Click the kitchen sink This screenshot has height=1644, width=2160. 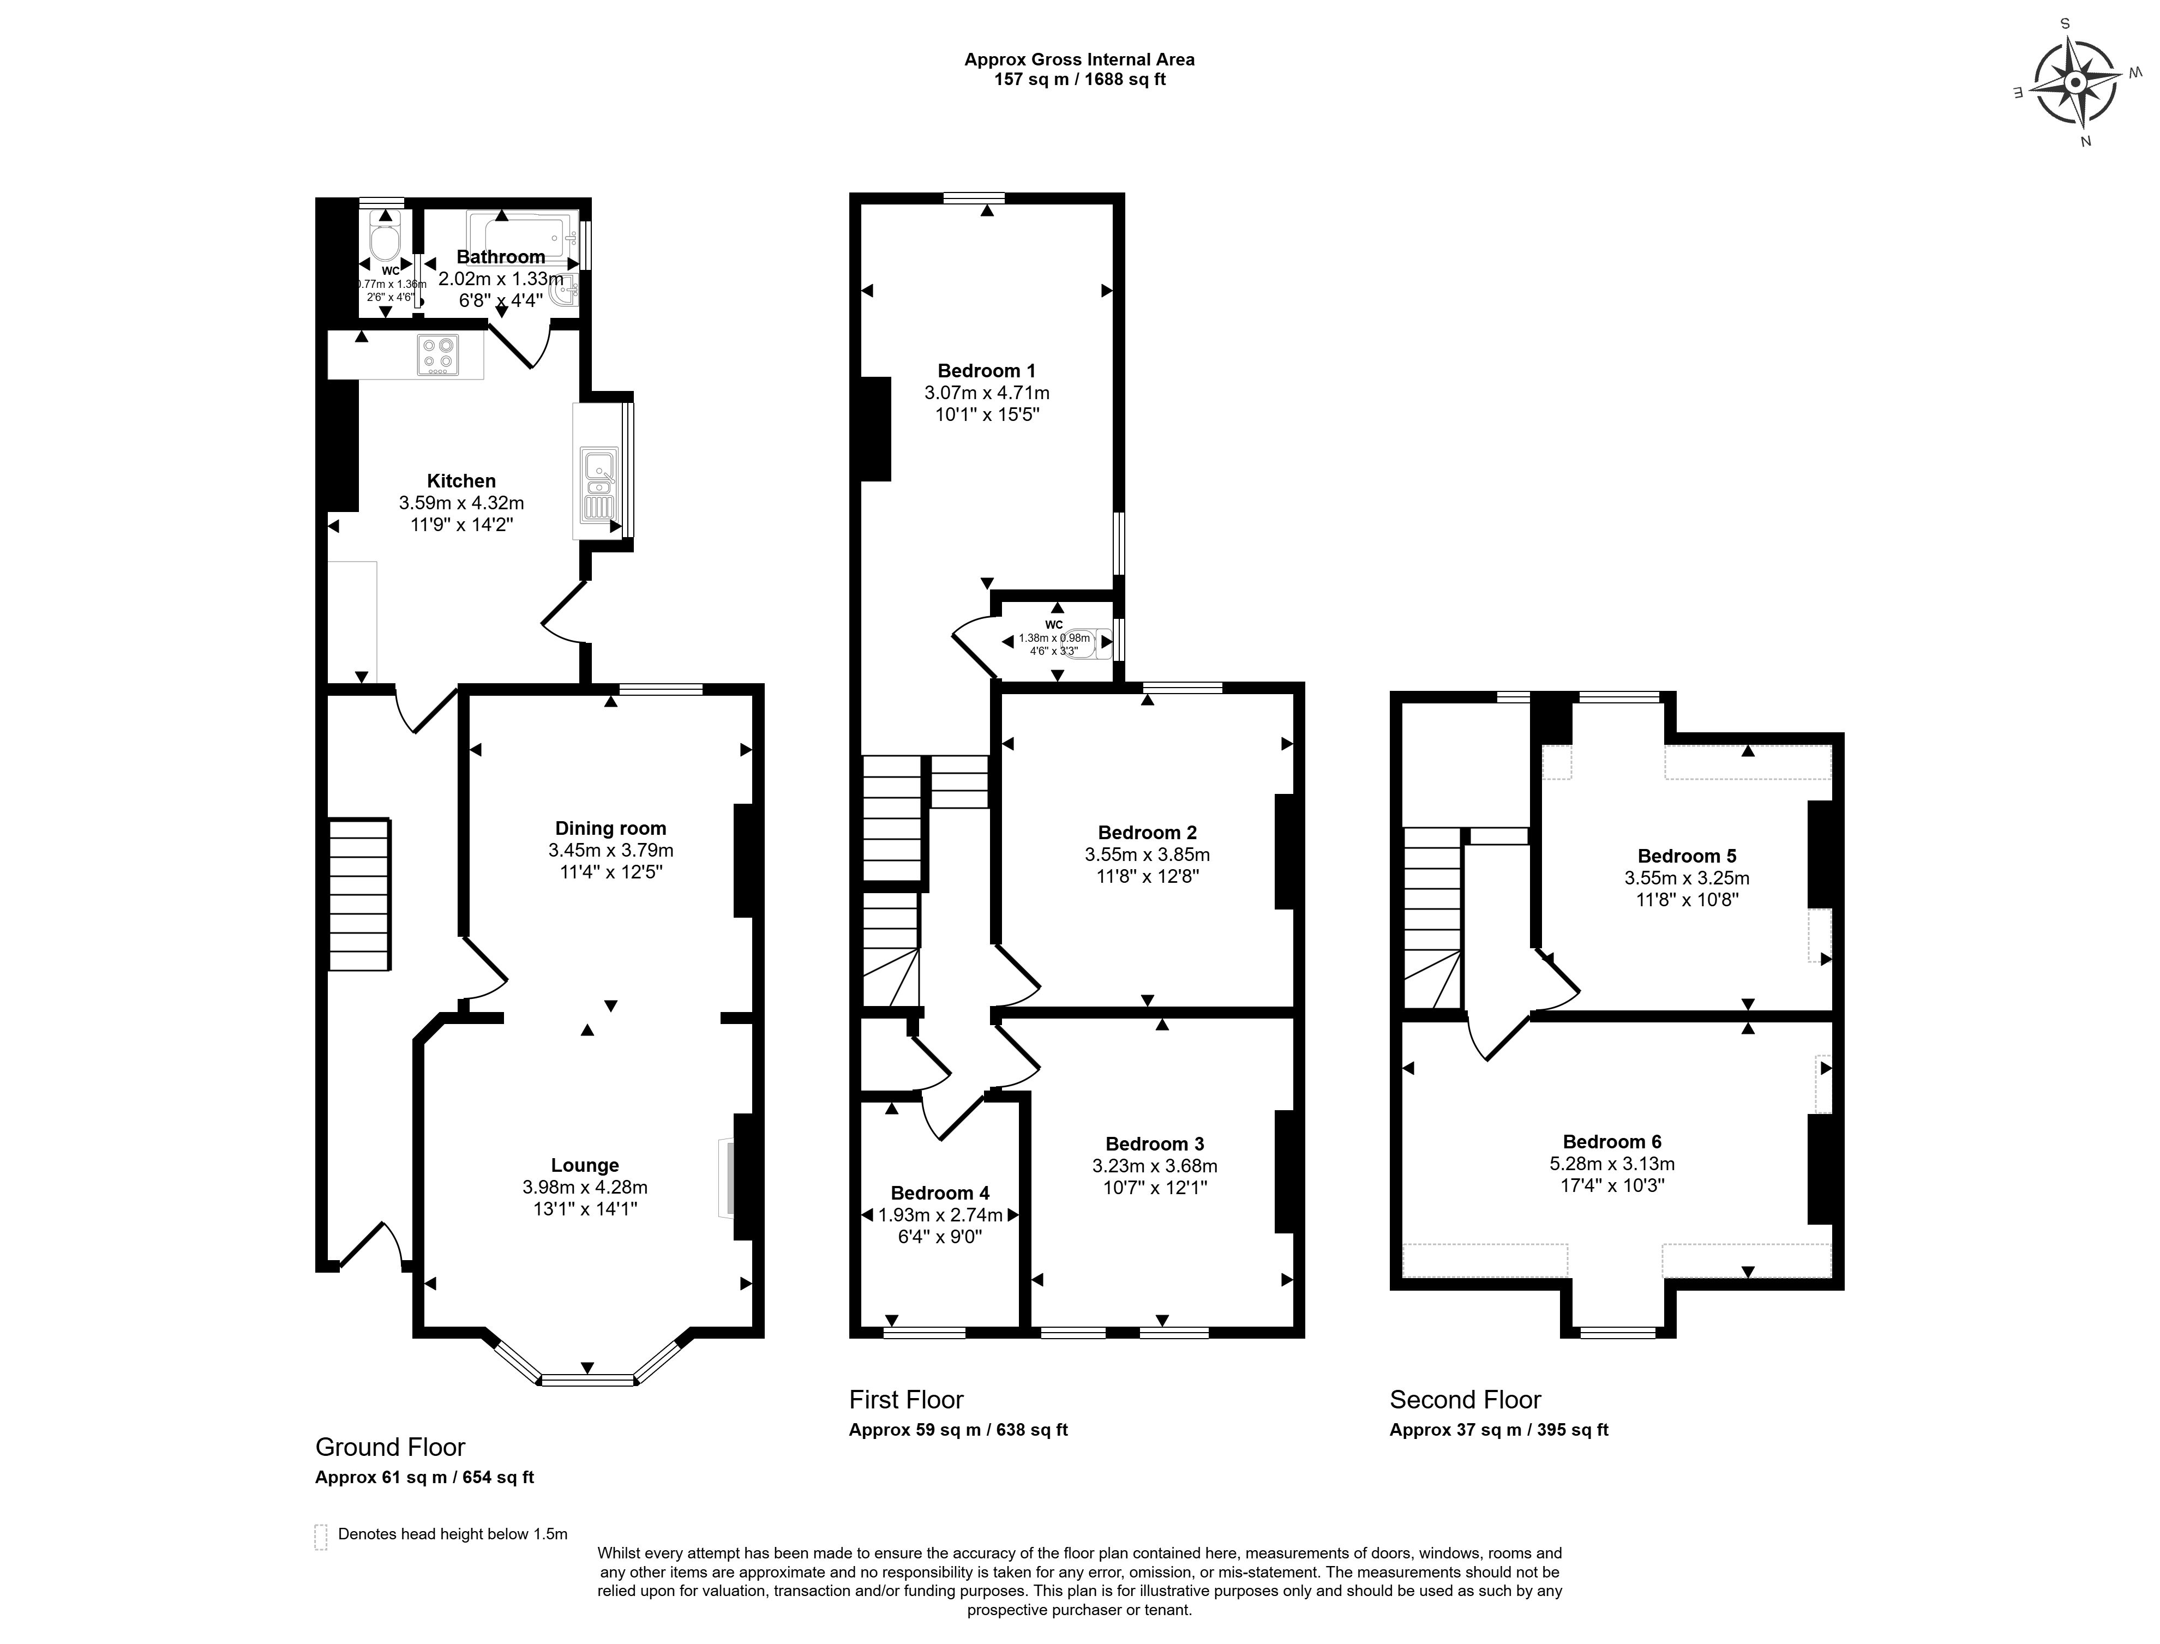pos(597,484)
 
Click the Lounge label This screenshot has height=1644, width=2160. pos(584,1165)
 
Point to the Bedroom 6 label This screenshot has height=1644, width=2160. pos(1612,1142)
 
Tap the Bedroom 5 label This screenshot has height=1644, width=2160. pos(1687,856)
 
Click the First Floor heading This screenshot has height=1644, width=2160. pos(907,1399)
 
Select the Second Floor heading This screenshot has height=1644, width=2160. pos(1465,1399)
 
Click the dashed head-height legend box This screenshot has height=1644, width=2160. pos(320,1537)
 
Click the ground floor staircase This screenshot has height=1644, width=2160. pos(359,894)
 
